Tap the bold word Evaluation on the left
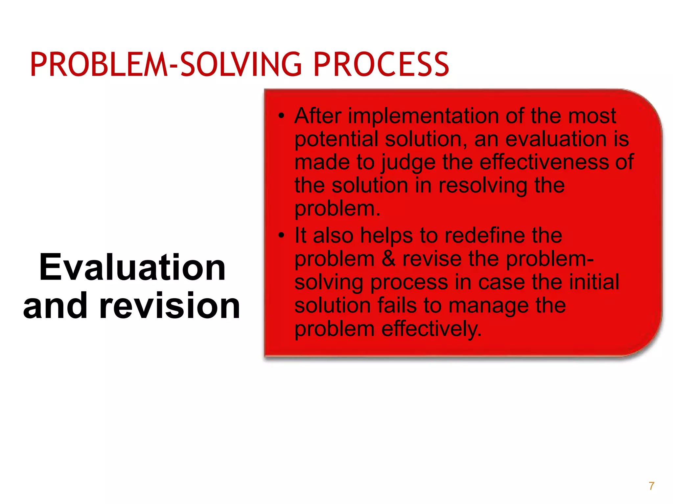[132, 267]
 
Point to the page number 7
[651, 486]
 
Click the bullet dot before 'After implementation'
[281, 116]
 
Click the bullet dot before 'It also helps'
[281, 235]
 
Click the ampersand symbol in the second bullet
[388, 259]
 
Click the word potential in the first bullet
[336, 139]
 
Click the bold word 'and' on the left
[55, 306]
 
